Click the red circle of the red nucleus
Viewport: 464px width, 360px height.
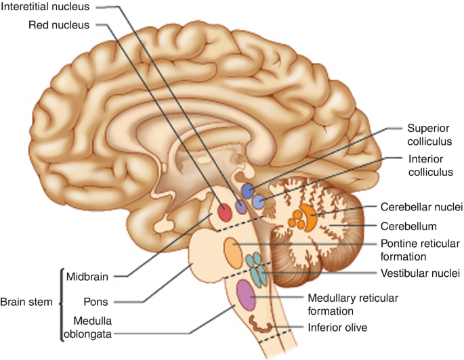click(x=224, y=213)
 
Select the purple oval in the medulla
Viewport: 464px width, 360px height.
click(x=246, y=294)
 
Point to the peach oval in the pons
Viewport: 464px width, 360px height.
click(x=233, y=252)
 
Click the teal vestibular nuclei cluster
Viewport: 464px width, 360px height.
click(x=257, y=268)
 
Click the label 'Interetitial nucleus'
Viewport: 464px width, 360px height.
click(x=48, y=7)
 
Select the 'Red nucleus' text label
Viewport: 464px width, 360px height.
click(x=60, y=26)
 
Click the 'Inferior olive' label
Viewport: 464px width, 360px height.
click(x=337, y=328)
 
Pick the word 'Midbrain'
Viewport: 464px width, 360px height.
click(x=88, y=275)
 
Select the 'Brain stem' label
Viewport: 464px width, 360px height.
click(x=26, y=302)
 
